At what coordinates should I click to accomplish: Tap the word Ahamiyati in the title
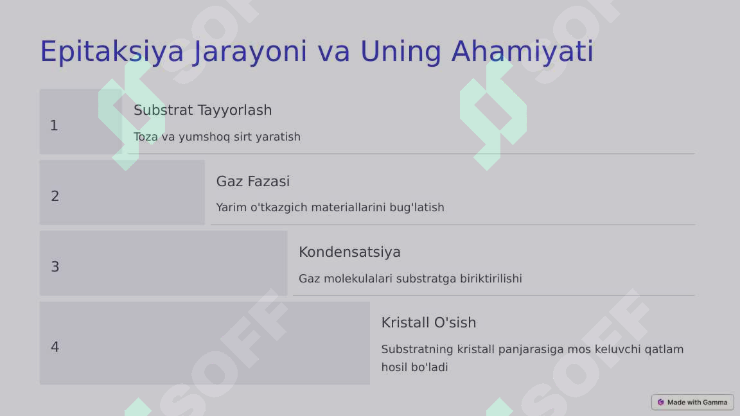click(522, 52)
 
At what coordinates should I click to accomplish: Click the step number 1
click(54, 126)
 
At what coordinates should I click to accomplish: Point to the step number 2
click(55, 196)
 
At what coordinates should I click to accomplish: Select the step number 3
click(55, 267)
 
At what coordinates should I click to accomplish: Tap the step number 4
click(55, 347)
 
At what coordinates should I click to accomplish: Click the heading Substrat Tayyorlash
click(202, 110)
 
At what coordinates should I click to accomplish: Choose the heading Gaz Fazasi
click(252, 182)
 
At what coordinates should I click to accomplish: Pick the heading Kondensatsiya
click(349, 252)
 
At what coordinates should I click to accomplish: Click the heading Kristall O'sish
click(428, 323)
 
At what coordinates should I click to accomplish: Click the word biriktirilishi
click(491, 279)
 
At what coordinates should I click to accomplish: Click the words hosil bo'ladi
click(414, 367)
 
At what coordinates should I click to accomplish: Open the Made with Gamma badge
click(692, 403)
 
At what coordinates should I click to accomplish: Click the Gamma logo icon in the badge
click(660, 403)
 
